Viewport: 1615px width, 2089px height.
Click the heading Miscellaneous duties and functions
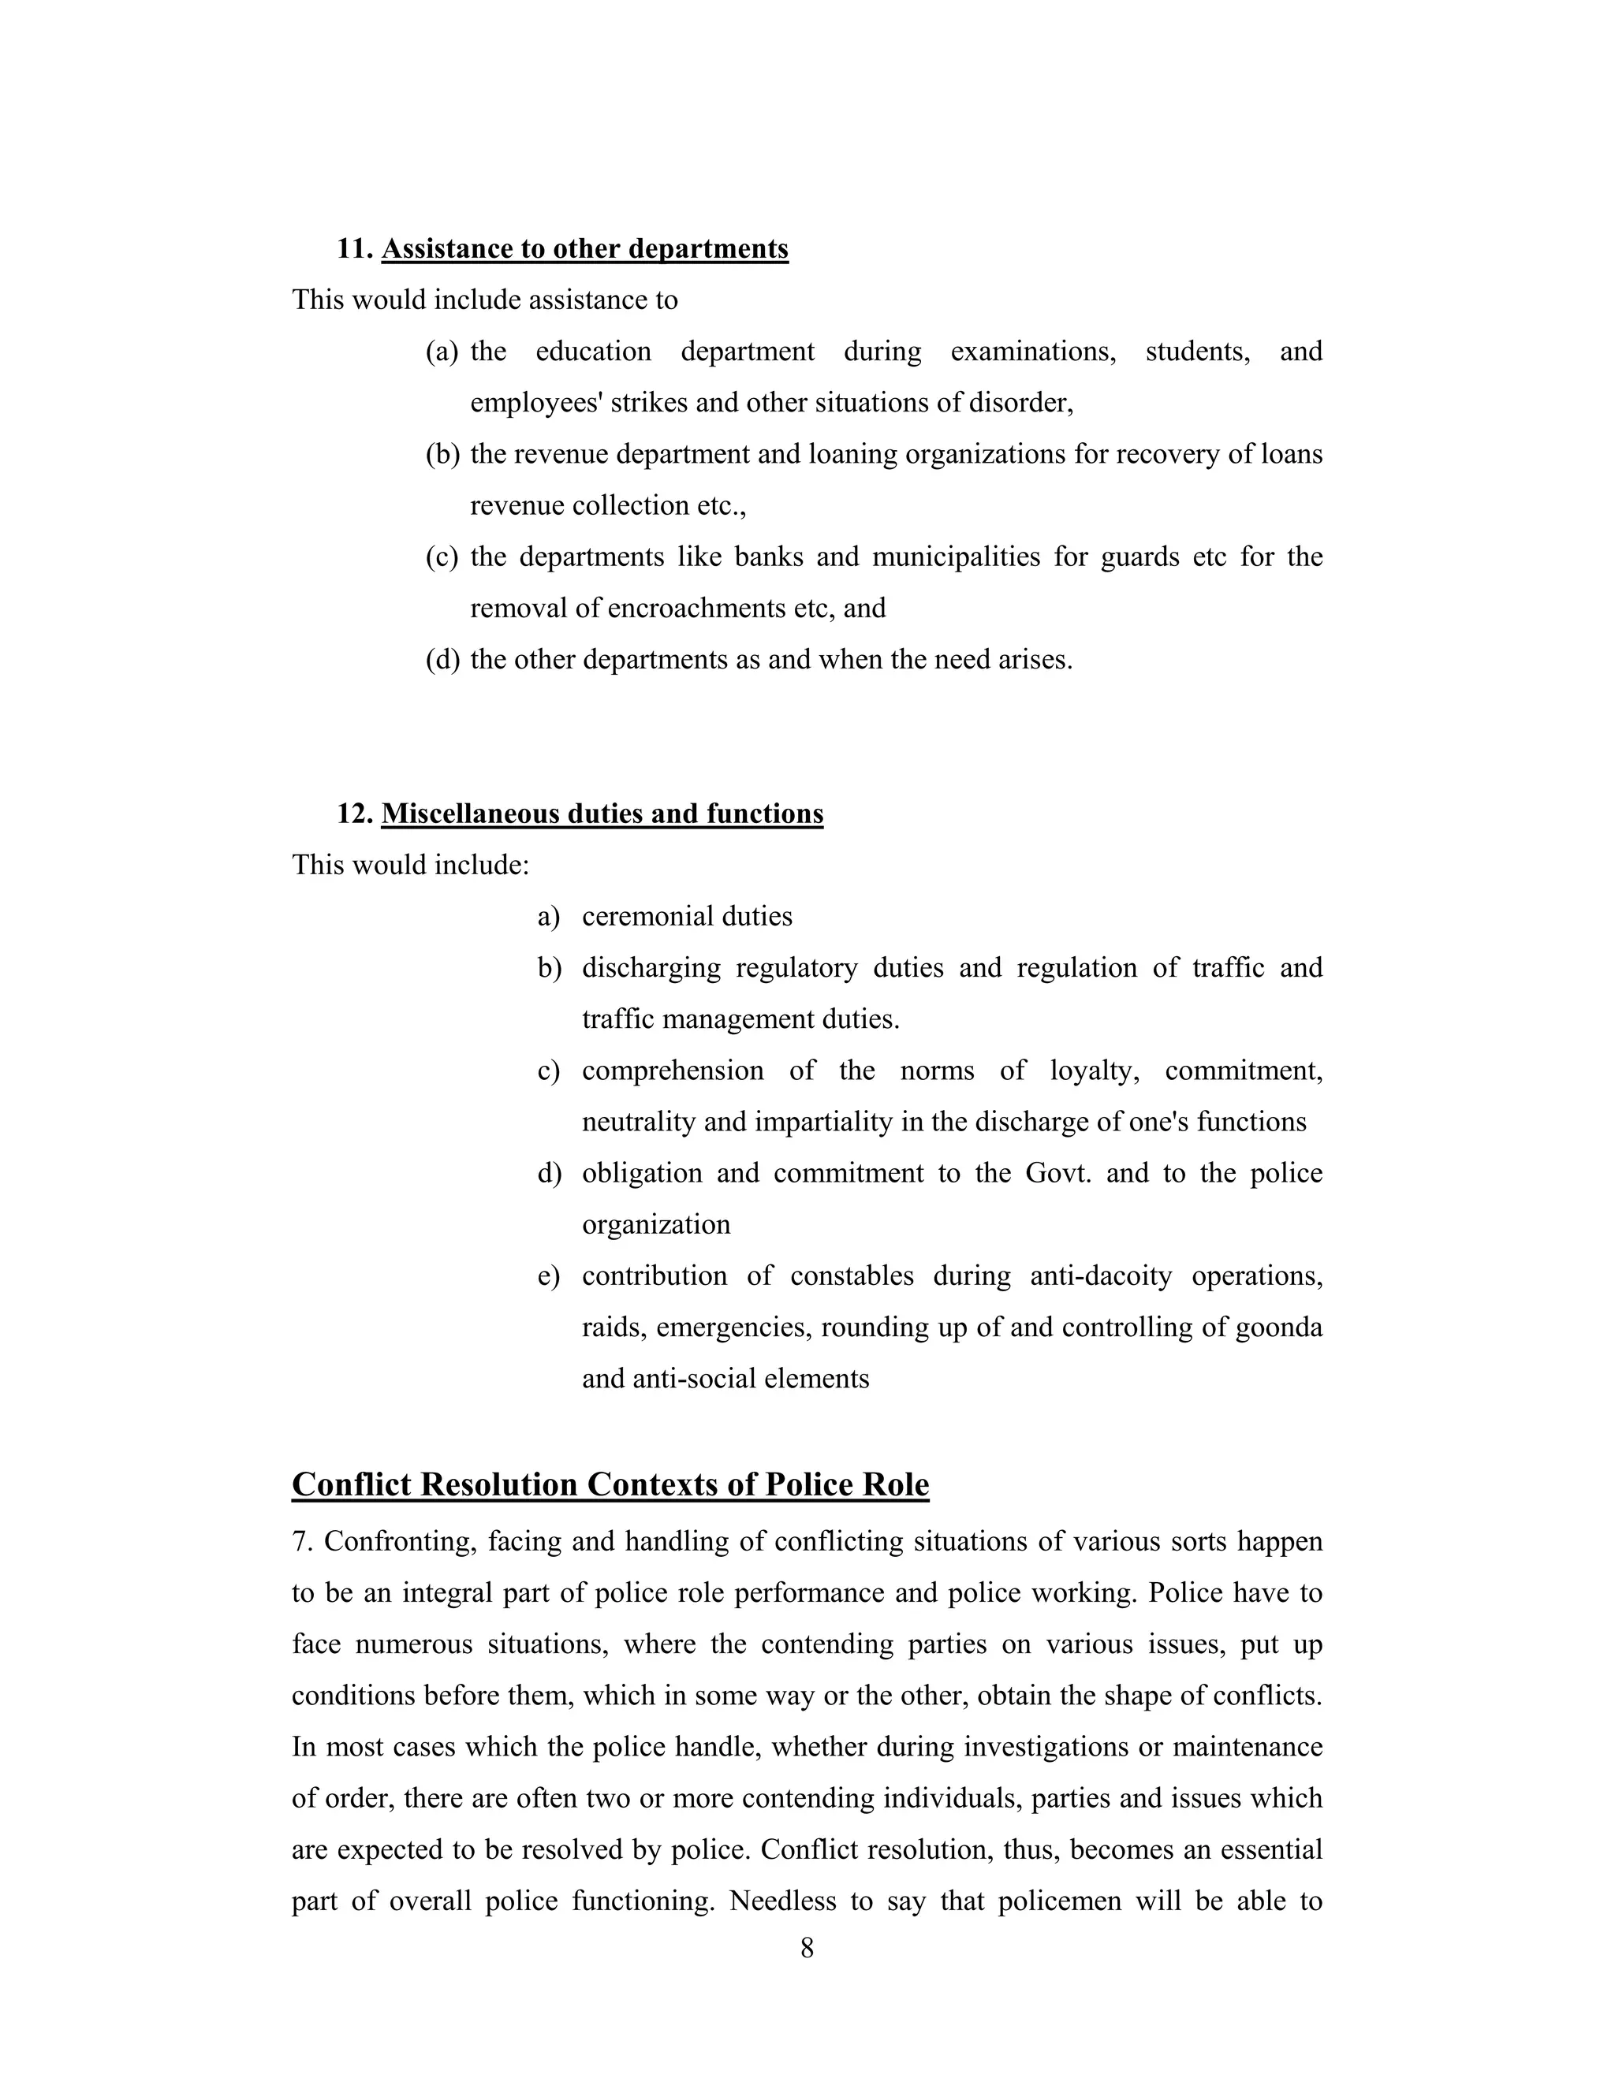[x=602, y=814]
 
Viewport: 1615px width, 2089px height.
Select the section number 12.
[x=353, y=814]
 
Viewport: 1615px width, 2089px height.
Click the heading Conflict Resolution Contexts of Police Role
[x=610, y=1484]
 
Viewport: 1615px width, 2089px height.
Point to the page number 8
[x=807, y=1949]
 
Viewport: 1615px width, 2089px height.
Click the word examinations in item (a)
[x=1032, y=352]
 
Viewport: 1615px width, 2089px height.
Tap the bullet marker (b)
[x=442, y=454]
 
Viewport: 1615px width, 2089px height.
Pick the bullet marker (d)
[x=442, y=660]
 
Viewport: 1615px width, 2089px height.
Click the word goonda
[x=1278, y=1328]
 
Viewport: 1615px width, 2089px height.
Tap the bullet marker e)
[x=548, y=1276]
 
